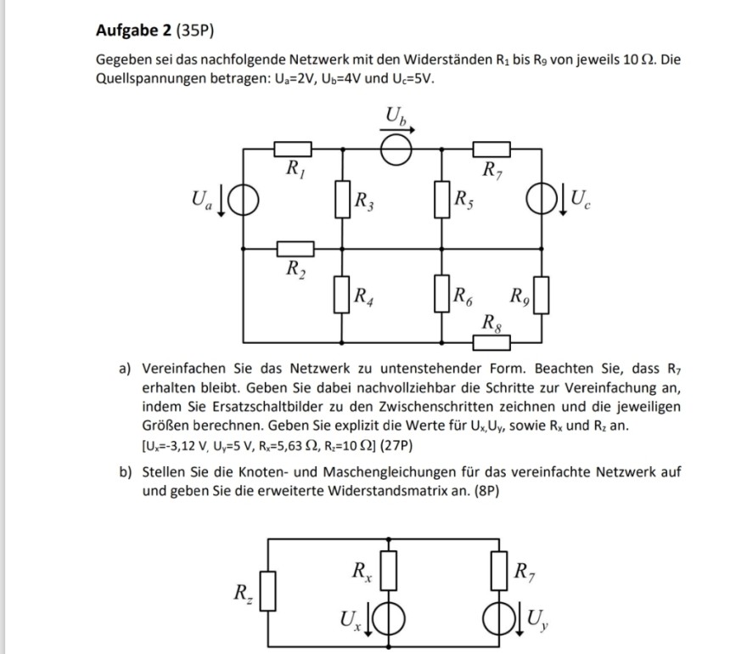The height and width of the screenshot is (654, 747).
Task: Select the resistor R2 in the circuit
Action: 294,249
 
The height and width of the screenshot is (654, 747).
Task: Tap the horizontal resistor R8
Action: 491,341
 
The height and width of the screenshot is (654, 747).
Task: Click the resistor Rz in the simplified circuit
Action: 267,591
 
